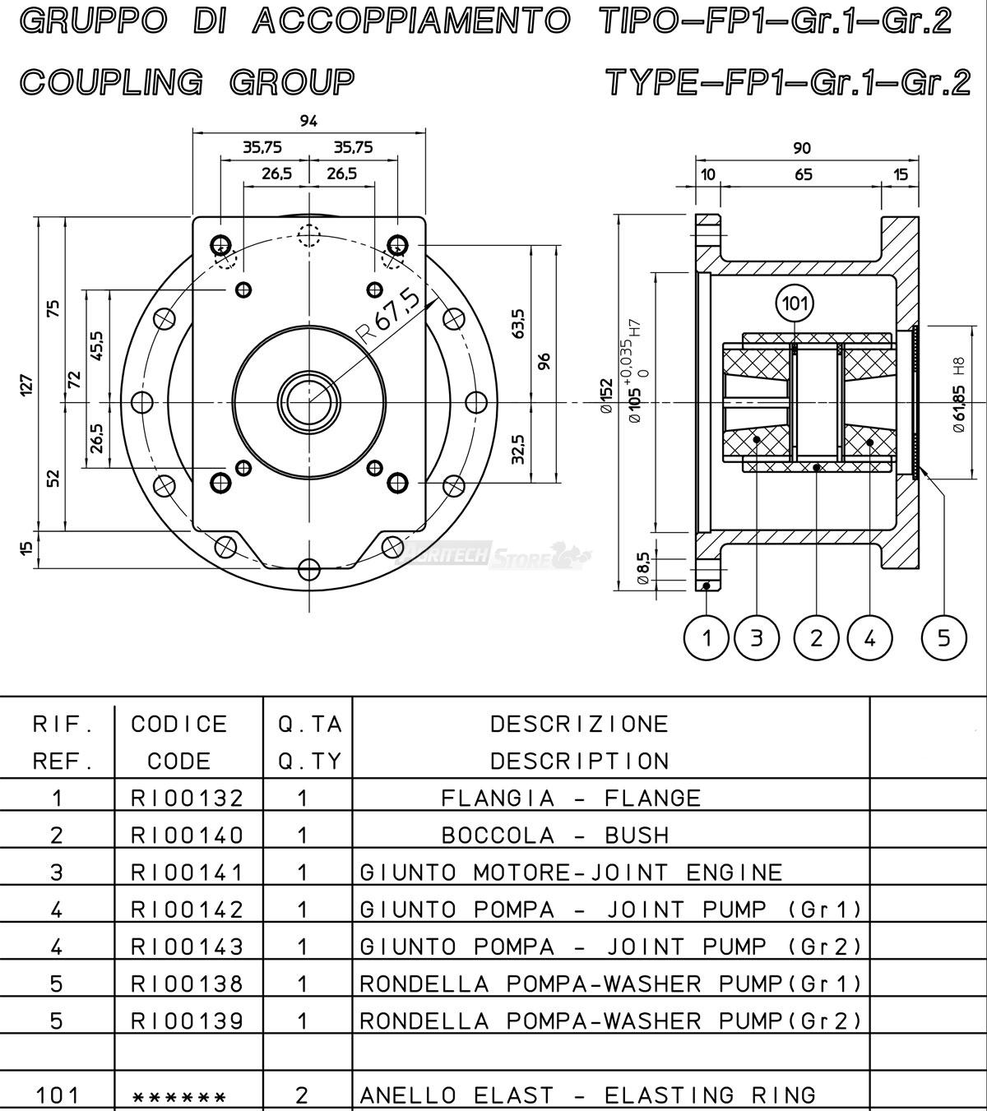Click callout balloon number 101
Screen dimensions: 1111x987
(x=795, y=304)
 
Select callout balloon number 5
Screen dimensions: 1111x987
(x=943, y=637)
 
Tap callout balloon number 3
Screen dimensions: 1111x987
(x=757, y=637)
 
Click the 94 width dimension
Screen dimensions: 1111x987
(x=308, y=121)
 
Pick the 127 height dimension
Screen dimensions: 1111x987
(x=27, y=383)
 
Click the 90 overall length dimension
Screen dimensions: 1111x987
(x=802, y=148)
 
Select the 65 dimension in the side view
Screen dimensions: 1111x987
(x=804, y=174)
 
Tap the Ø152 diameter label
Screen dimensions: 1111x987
(x=607, y=396)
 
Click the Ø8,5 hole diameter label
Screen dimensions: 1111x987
(x=643, y=568)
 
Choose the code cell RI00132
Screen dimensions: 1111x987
(x=188, y=798)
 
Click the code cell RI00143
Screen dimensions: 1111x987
(x=188, y=947)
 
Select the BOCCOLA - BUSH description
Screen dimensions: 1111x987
(x=555, y=836)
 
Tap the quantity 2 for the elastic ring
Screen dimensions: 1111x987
(x=302, y=1095)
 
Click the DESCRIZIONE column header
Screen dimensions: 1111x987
(x=579, y=724)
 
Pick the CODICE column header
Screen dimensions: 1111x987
(x=179, y=724)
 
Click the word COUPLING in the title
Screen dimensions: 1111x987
(x=111, y=81)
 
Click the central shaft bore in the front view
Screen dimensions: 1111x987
(x=309, y=401)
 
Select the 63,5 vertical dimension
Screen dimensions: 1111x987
(x=517, y=322)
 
